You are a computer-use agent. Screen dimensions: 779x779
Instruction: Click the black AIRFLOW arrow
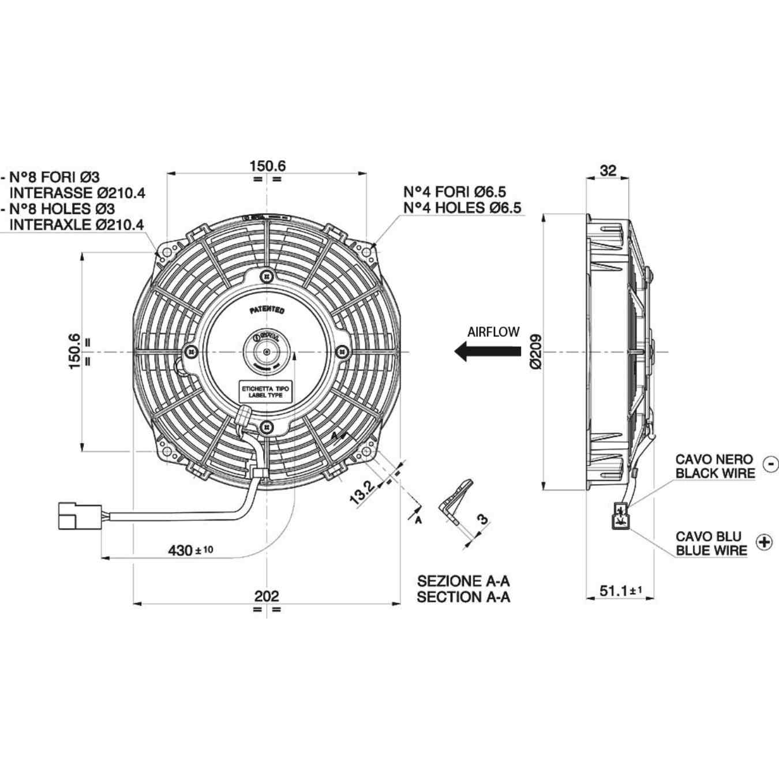click(x=488, y=351)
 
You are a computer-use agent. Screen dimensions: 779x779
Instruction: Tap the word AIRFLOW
click(x=493, y=332)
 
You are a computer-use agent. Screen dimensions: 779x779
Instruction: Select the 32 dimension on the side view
click(x=608, y=170)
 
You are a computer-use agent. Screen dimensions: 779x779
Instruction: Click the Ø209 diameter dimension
click(x=535, y=351)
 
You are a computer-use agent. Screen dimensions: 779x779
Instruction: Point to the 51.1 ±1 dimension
click(x=620, y=590)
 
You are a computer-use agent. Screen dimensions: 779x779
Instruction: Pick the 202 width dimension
click(x=267, y=596)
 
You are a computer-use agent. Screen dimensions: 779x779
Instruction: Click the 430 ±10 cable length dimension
click(x=190, y=550)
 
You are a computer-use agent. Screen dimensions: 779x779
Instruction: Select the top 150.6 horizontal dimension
click(x=267, y=166)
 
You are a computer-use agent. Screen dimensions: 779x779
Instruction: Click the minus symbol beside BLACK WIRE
click(x=770, y=463)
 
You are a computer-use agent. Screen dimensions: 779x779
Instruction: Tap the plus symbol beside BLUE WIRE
click(x=764, y=542)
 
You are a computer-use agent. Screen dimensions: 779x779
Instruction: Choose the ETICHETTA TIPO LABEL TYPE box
click(x=265, y=392)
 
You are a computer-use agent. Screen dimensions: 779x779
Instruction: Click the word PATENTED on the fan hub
click(x=267, y=310)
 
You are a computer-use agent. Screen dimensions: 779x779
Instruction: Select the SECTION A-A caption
click(x=463, y=597)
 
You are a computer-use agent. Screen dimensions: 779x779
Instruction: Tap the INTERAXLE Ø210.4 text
click(x=77, y=224)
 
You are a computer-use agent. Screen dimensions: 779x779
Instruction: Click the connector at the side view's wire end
click(x=621, y=515)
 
